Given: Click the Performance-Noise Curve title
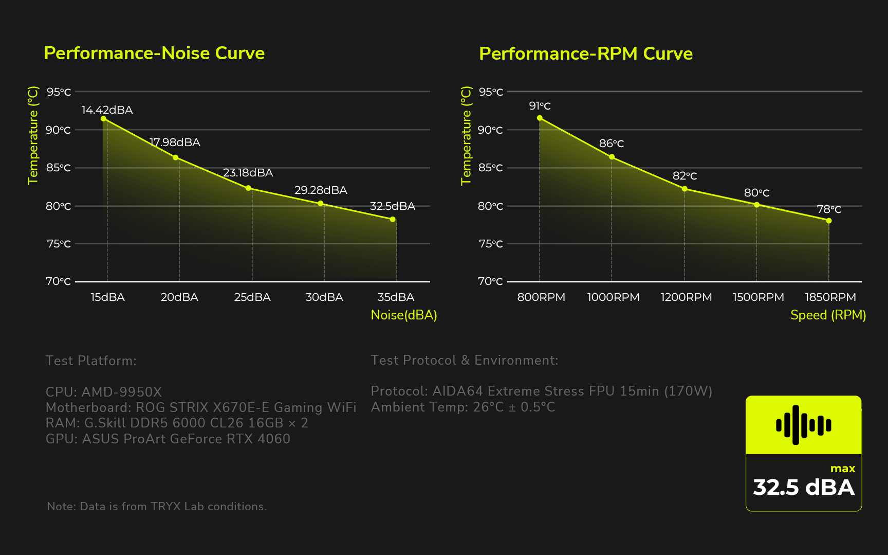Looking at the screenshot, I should click(154, 53).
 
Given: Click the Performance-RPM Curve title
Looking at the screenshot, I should click(586, 53).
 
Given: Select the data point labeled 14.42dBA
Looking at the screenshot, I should click(103, 119).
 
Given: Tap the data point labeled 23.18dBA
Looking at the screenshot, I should click(248, 188).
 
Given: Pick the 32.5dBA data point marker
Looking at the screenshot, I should click(393, 220).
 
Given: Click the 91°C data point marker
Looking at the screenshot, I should click(540, 118).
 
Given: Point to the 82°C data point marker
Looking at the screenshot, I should click(684, 189).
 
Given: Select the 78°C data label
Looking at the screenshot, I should click(829, 209).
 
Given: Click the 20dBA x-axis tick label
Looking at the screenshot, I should click(179, 297).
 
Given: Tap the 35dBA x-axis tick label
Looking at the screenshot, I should click(396, 297).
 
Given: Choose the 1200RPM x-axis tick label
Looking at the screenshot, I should click(686, 297).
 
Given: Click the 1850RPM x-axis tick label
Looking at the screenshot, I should click(830, 297).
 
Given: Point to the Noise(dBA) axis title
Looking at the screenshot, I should click(404, 315).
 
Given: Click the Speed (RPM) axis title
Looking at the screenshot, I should click(828, 315).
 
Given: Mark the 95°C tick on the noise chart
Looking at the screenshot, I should click(59, 92).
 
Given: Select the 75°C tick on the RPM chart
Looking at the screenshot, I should click(491, 244).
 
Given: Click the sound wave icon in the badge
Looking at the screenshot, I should click(803, 425).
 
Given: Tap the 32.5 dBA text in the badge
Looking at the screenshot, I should click(803, 487).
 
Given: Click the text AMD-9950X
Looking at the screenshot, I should click(122, 392).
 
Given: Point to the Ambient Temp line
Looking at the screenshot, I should click(463, 407).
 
